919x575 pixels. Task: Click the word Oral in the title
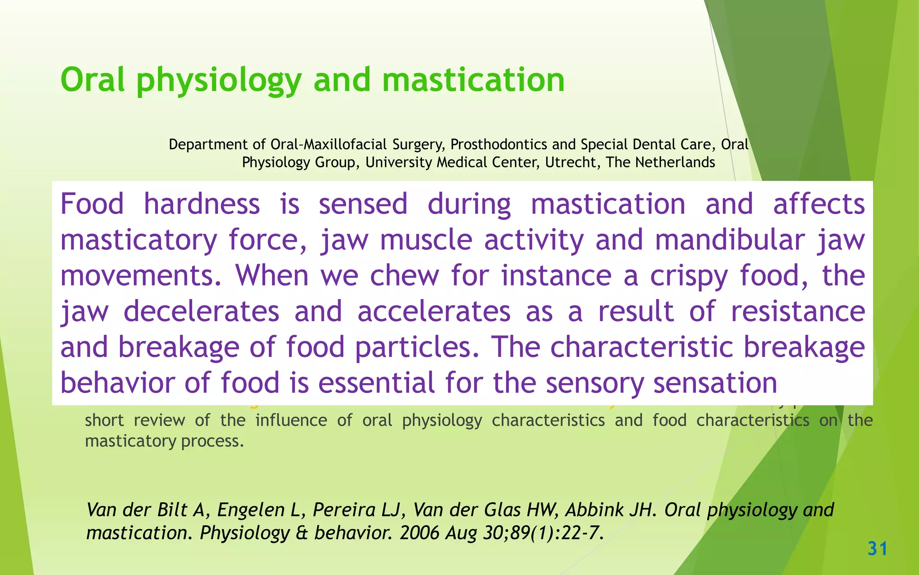point(92,80)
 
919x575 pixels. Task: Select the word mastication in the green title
point(473,80)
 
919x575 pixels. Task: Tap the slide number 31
point(877,549)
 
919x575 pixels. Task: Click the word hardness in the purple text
point(201,204)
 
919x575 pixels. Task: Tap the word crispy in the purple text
point(689,275)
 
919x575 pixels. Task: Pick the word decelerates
point(201,311)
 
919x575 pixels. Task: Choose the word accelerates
point(434,311)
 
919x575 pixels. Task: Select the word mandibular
point(730,240)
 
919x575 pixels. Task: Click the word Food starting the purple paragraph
point(92,204)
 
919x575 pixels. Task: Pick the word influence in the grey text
point(291,420)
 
